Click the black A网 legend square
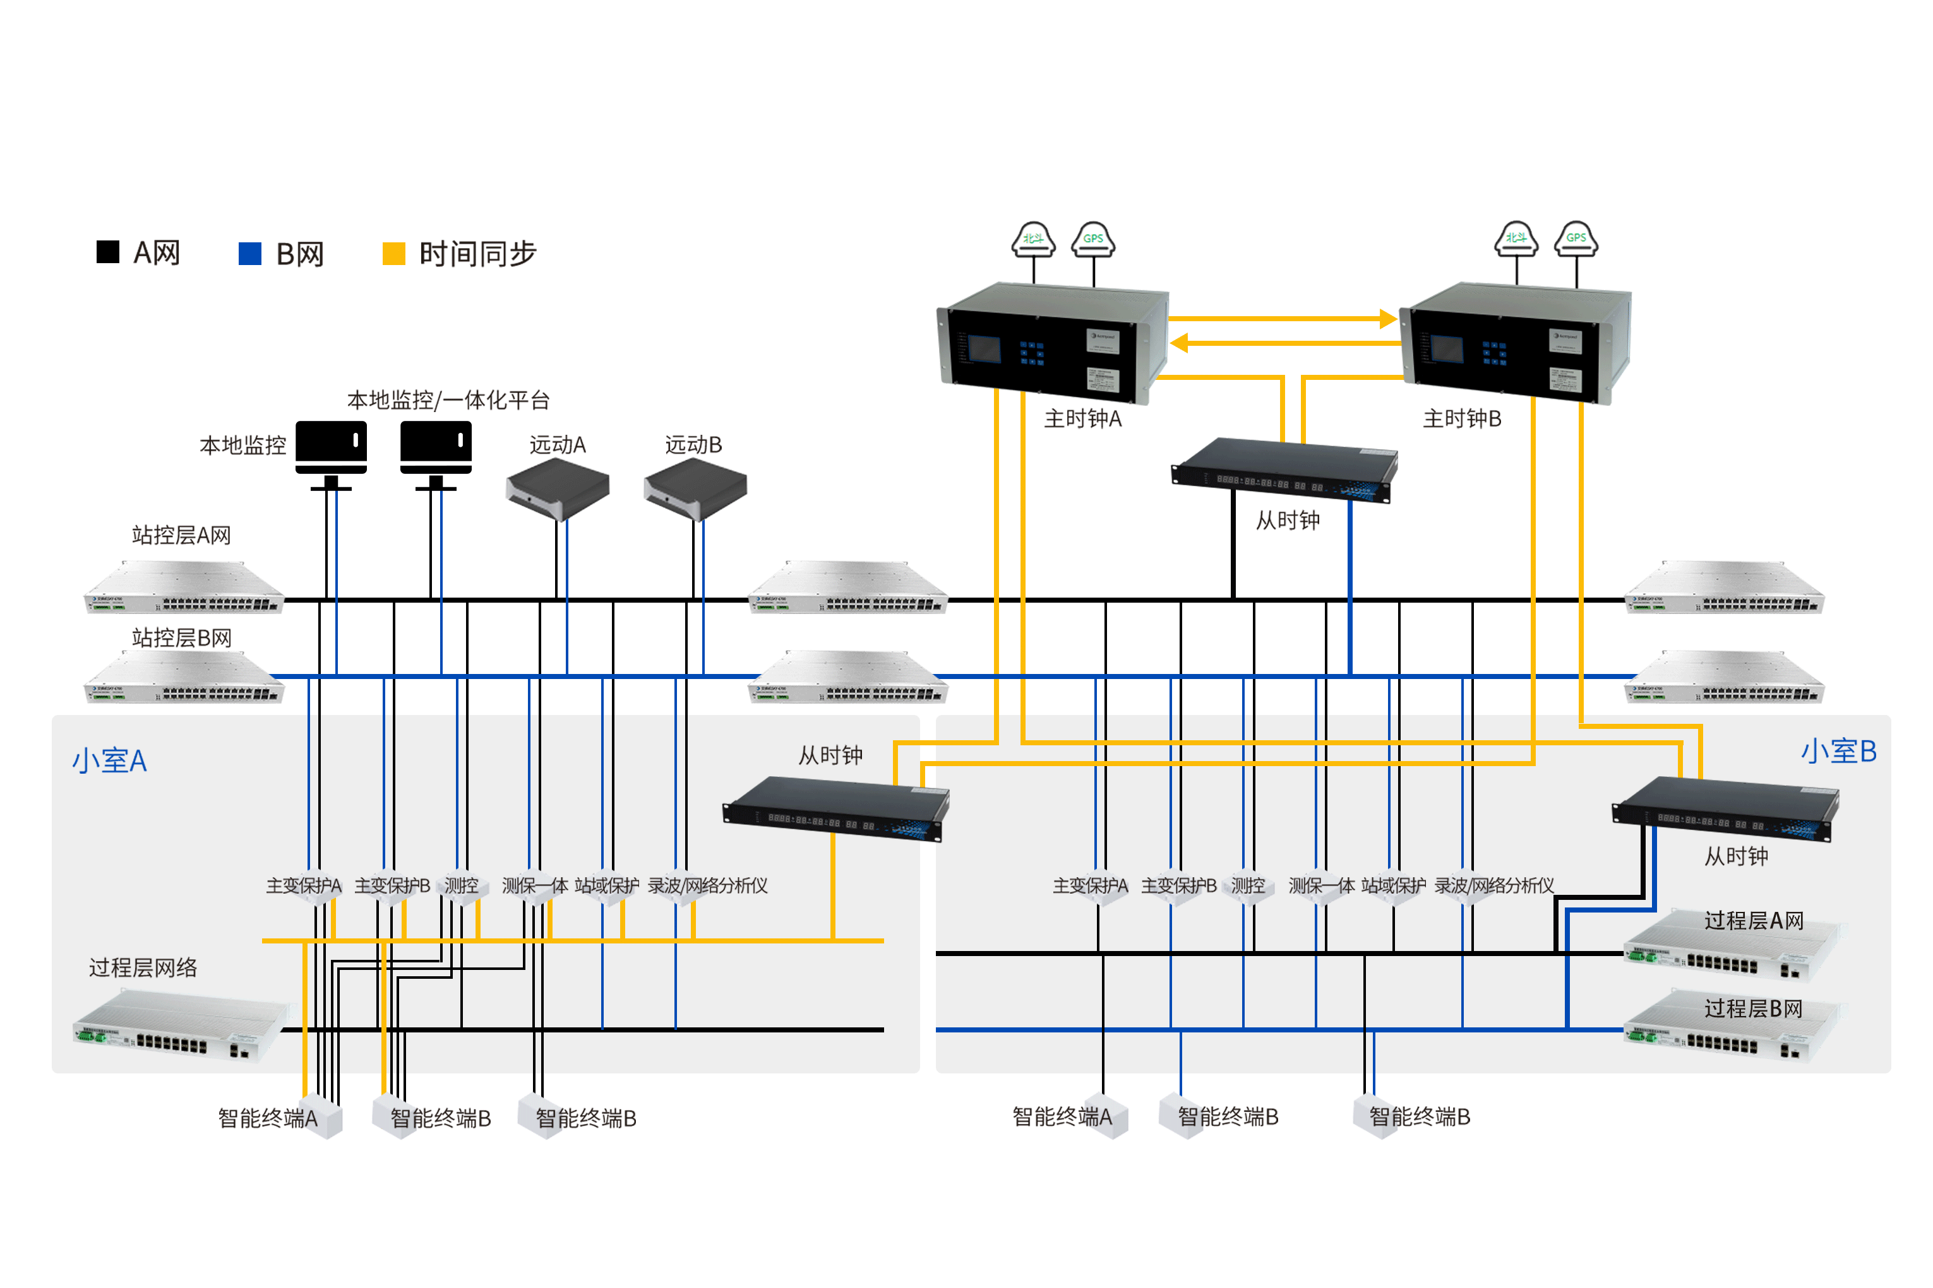point(107,252)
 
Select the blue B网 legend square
point(250,253)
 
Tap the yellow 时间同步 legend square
point(393,253)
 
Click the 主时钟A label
point(1082,419)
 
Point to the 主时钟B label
point(1462,419)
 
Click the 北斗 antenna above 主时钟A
point(1033,239)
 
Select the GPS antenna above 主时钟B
point(1576,239)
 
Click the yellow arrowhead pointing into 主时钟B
point(1387,319)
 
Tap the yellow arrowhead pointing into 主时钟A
point(1180,343)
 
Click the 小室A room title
point(109,760)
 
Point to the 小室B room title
point(1838,752)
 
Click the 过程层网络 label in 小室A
point(143,967)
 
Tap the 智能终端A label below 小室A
point(267,1118)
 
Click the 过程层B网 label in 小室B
point(1753,1008)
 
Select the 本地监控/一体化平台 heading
point(448,400)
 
